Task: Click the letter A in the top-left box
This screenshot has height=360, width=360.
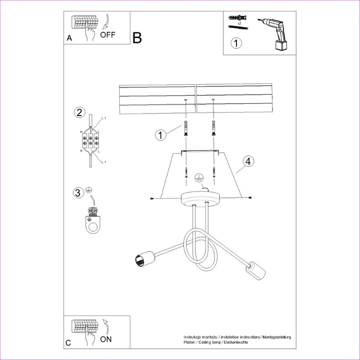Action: pos(69,38)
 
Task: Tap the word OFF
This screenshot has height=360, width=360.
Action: pos(108,36)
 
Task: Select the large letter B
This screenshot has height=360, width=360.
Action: pos(137,38)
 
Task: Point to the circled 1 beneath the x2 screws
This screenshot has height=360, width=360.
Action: pos(237,43)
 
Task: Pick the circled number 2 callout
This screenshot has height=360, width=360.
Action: pos(79,113)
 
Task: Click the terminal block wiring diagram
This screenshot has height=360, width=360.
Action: pos(91,140)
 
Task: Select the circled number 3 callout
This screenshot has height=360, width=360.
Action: pos(78,193)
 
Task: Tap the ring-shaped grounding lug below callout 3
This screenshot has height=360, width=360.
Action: pos(94,226)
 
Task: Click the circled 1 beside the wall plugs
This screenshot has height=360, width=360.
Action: pos(161,135)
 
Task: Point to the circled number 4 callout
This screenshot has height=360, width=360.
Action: pos(248,161)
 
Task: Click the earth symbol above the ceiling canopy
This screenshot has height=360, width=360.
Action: pos(198,178)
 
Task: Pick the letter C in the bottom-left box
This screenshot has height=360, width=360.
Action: pos(69,343)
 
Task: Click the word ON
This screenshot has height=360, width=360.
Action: pos(106,339)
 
